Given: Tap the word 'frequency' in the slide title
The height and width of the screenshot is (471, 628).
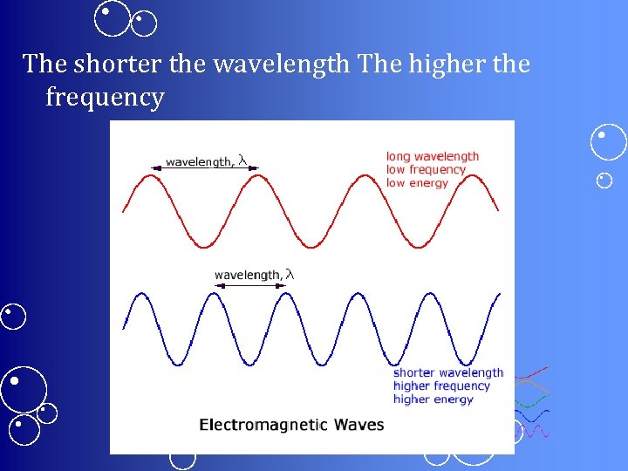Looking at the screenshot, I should tap(105, 98).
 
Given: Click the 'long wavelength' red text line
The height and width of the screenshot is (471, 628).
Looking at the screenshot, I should tap(433, 157).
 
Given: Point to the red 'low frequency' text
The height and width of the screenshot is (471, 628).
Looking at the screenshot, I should tap(426, 170).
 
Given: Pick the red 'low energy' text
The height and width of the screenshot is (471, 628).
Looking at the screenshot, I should tap(417, 183).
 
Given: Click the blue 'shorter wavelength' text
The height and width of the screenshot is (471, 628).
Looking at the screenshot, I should tap(448, 373).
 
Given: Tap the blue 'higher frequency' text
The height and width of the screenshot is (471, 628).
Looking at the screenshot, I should tap(441, 386).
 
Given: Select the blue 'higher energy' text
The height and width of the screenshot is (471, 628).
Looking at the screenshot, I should tap(433, 399).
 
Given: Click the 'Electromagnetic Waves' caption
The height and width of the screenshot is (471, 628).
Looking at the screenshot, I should tap(291, 426).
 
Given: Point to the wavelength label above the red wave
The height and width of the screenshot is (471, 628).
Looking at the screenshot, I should tap(199, 161).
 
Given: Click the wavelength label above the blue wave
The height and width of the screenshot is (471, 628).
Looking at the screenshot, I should tap(248, 276).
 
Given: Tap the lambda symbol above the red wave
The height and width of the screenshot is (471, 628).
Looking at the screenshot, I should tap(242, 160).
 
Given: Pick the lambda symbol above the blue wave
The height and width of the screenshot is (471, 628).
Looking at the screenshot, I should tap(290, 275).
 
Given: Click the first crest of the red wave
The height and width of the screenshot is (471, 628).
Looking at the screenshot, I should tap(152, 176).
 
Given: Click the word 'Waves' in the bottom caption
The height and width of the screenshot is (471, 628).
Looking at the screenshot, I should tap(356, 426).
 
